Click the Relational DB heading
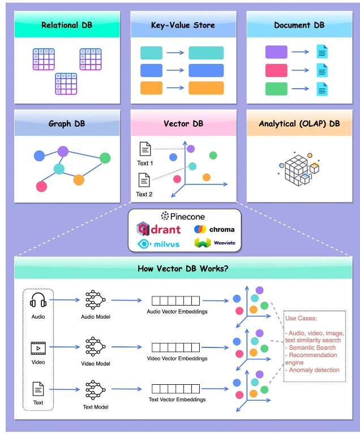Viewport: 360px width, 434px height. pyautogui.click(x=67, y=25)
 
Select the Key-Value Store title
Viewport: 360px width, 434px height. pyautogui.click(x=182, y=25)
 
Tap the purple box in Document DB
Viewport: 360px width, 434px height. pyautogui.click(x=276, y=53)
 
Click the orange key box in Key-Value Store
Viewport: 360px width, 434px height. pyautogui.click(x=151, y=88)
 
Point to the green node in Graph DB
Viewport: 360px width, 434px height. pyautogui.click(x=105, y=158)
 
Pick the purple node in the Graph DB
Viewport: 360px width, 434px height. pyautogui.click(x=63, y=151)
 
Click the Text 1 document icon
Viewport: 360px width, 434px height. pyautogui.click(x=145, y=150)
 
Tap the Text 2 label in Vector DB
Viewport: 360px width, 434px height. pyautogui.click(x=145, y=194)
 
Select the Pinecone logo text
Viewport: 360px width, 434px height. pyautogui.click(x=183, y=216)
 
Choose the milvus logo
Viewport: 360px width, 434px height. pyautogui.click(x=160, y=243)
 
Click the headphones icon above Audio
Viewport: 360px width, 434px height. pyautogui.click(x=38, y=300)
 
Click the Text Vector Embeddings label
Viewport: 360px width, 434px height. pyautogui.click(x=177, y=399)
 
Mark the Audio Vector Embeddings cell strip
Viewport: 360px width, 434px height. pyautogui.click(x=177, y=300)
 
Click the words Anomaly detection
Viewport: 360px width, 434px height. pyautogui.click(x=314, y=370)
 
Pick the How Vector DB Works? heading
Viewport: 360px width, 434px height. pyautogui.click(x=183, y=268)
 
